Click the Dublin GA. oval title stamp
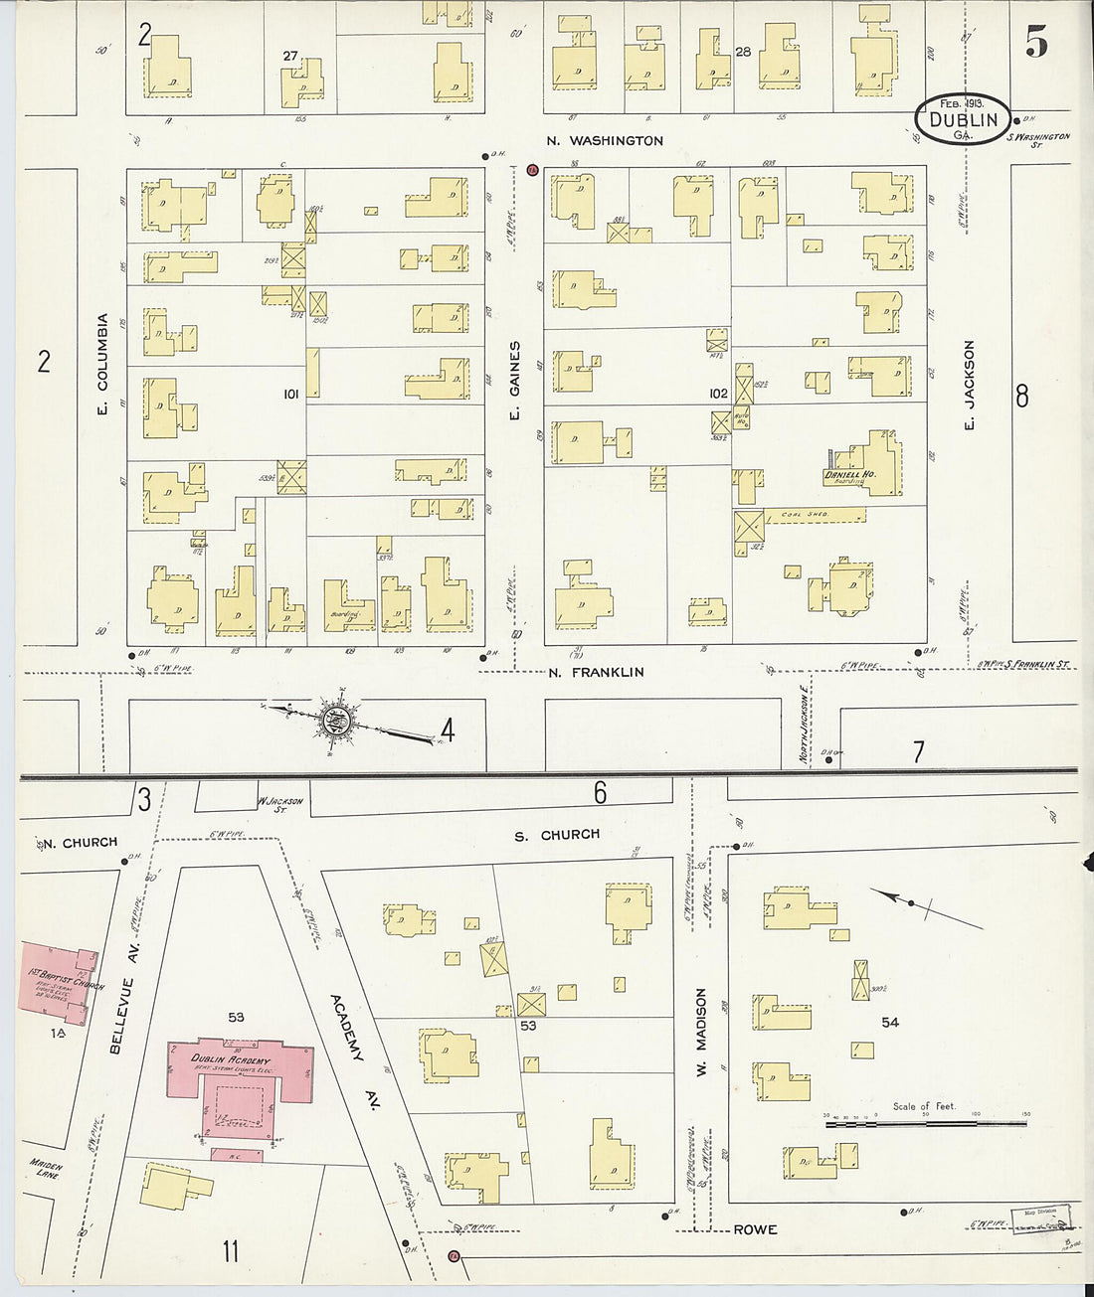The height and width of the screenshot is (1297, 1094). (x=962, y=120)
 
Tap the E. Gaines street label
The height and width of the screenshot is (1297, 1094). (x=515, y=380)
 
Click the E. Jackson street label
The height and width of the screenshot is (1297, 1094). (x=970, y=385)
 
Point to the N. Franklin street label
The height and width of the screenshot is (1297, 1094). (x=596, y=673)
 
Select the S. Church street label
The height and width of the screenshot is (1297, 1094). (x=556, y=835)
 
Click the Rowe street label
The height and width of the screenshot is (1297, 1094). (x=755, y=1229)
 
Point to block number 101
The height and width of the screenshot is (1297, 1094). (x=290, y=395)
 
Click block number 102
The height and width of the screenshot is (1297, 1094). (x=718, y=394)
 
